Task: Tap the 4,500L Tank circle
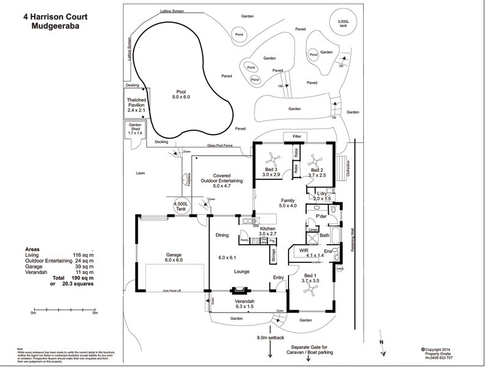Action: (182, 206)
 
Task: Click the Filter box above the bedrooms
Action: (297, 136)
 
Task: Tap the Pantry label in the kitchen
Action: (243, 240)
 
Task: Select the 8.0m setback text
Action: (272, 337)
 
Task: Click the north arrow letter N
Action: (381, 343)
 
